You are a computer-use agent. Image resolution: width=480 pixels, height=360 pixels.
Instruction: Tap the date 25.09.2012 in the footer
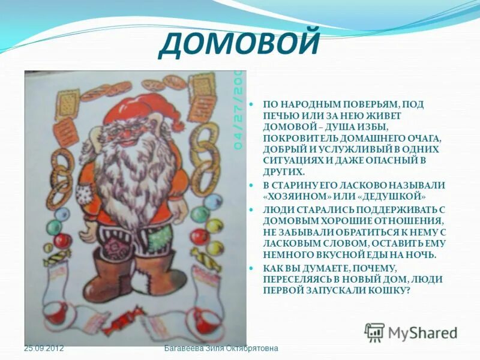(44, 349)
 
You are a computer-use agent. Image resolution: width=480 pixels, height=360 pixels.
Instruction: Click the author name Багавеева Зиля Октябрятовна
(221, 349)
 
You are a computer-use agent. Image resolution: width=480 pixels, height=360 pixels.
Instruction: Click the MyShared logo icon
(375, 332)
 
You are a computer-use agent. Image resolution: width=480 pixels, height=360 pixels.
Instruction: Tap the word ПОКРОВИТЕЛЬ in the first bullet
(295, 137)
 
